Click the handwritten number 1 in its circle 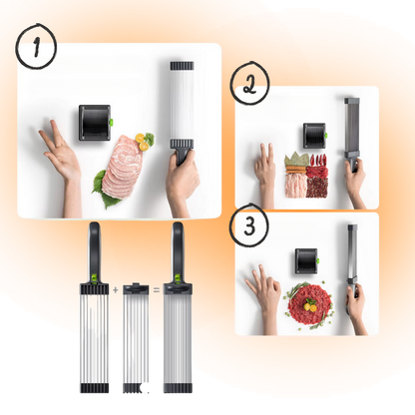(x=36, y=47)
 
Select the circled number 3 (x=249, y=225)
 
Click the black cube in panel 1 (x=95, y=123)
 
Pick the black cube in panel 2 (x=315, y=136)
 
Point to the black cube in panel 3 (x=307, y=261)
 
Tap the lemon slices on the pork (x=143, y=142)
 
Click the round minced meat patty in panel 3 (x=309, y=302)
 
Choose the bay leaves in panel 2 (x=296, y=160)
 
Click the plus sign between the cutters (x=116, y=290)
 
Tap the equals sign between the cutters (x=156, y=290)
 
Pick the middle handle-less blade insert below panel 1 (x=136, y=338)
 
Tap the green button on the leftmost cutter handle (x=94, y=277)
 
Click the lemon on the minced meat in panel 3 (x=311, y=306)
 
